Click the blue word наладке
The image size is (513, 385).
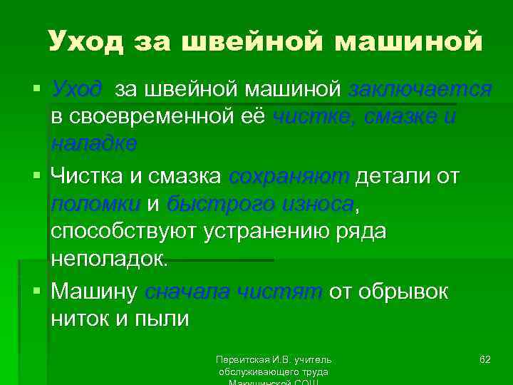(94, 143)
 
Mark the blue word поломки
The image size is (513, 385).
(95, 204)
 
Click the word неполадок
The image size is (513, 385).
(109, 259)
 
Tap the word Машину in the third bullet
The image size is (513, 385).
(94, 292)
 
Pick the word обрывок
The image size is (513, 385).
(408, 292)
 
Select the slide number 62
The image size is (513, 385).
(484, 359)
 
